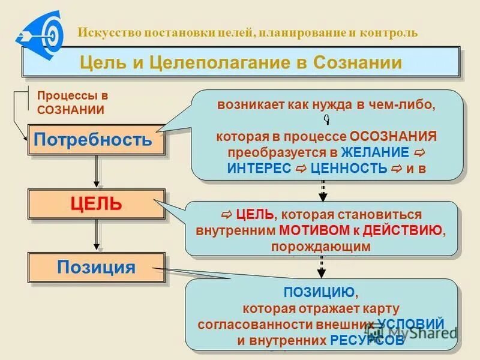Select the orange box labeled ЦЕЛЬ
click(96, 203)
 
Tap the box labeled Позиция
click(96, 266)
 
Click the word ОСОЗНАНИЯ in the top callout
click(394, 136)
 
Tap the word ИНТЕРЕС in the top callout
click(260, 169)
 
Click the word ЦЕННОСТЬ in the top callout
click(349, 169)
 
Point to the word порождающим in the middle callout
click(320, 246)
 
